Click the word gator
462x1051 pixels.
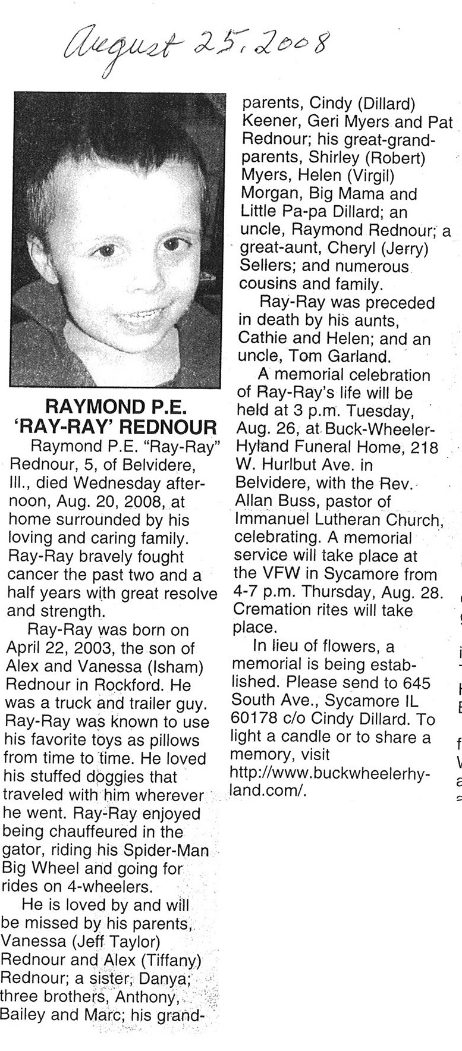21,850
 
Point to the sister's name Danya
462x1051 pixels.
166,977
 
